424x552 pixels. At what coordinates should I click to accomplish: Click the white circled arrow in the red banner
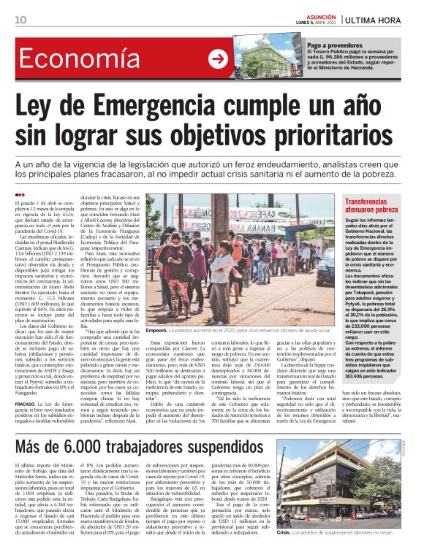point(217,60)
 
